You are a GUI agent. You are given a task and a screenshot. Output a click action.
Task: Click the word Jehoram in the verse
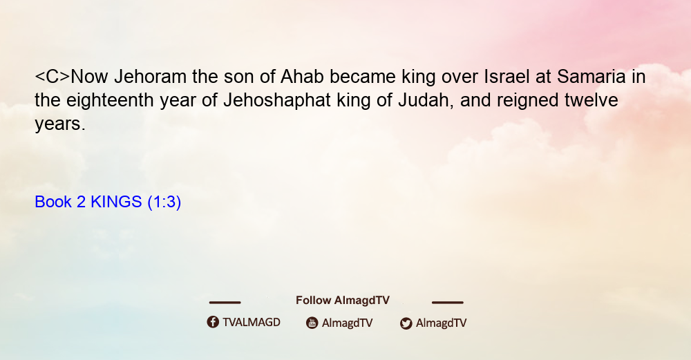(x=150, y=77)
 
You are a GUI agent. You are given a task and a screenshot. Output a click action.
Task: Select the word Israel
(x=507, y=77)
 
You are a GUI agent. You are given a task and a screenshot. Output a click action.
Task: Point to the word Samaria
(x=591, y=77)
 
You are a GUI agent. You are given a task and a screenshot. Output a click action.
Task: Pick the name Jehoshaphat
(x=277, y=100)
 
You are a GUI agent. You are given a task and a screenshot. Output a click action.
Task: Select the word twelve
(x=591, y=100)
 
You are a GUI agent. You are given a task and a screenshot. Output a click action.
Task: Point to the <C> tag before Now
(x=52, y=77)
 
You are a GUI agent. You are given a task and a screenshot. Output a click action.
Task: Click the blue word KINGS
(x=116, y=202)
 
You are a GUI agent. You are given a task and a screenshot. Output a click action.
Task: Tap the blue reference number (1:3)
(x=164, y=202)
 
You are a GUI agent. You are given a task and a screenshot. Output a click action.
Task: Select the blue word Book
(x=53, y=202)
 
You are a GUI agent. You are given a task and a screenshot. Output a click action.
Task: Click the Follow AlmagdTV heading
(x=343, y=300)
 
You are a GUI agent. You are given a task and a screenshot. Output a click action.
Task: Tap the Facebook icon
(x=213, y=322)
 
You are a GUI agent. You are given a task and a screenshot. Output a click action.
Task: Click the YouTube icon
(x=312, y=323)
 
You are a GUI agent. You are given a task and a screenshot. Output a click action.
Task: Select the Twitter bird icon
(x=406, y=323)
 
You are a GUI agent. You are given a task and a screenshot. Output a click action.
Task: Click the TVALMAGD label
(x=252, y=322)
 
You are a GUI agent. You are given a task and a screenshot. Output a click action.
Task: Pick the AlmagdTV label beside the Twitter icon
(x=441, y=323)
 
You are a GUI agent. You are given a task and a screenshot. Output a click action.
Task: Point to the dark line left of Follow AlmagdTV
(x=225, y=302)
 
